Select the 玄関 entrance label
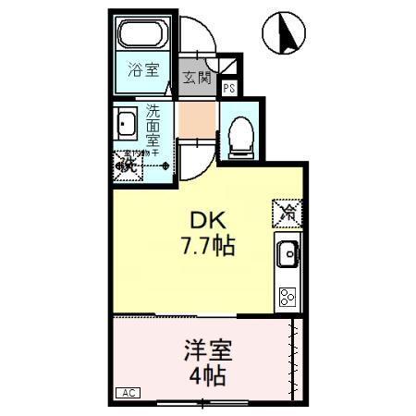tap(195, 78)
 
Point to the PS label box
tap(228, 90)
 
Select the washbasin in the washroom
tap(126, 122)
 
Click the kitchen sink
tap(287, 251)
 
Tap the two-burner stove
tap(287, 296)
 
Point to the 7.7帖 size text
tap(207, 246)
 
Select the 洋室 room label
tap(207, 351)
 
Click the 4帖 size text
tap(207, 376)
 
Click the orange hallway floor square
tap(196, 120)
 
